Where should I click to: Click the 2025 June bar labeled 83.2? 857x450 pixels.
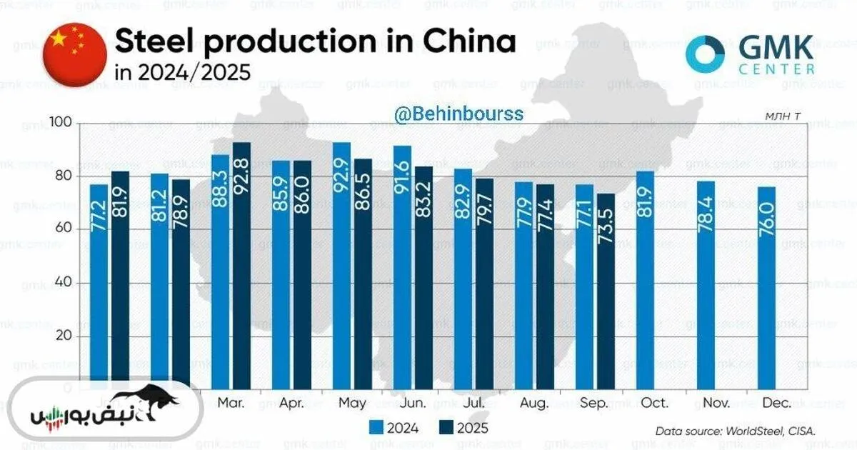(x=424, y=278)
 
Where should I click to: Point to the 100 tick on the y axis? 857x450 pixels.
(x=63, y=124)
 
